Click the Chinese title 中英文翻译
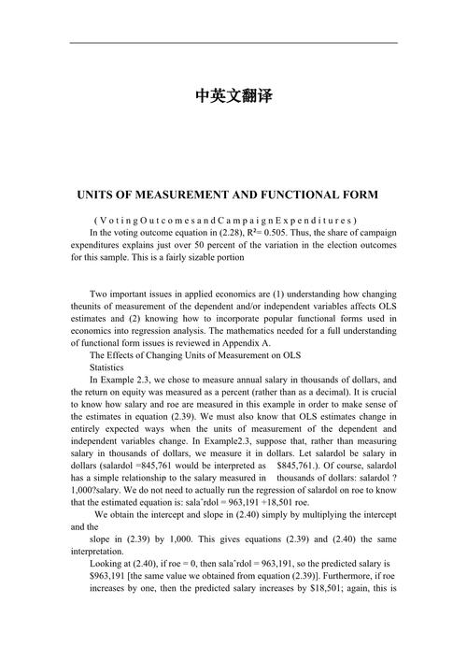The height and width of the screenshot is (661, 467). coord(233,95)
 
